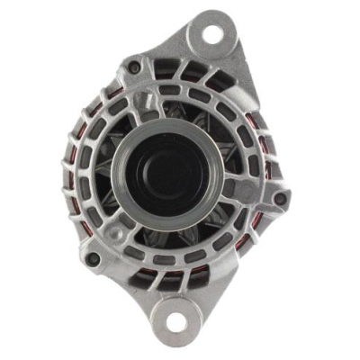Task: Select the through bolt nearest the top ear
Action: click(134, 67)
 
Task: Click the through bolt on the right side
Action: click(281, 199)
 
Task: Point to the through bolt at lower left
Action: click(93, 259)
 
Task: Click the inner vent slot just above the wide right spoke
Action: click(241, 166)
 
